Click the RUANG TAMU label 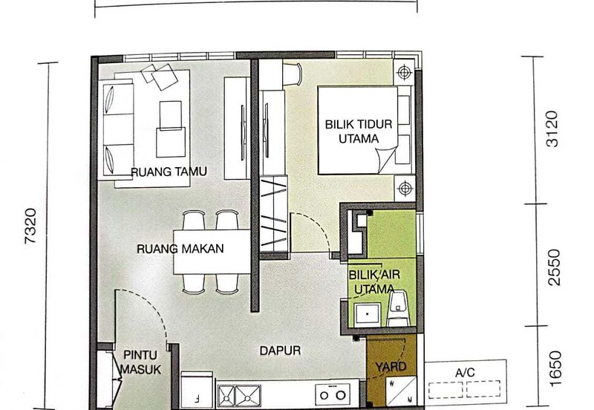pyautogui.click(x=169, y=172)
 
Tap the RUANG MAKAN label pyautogui.click(x=180, y=249)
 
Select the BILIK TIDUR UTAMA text pyautogui.click(x=359, y=131)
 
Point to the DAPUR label pyautogui.click(x=281, y=351)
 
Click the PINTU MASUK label pyautogui.click(x=140, y=362)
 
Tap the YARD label pyautogui.click(x=391, y=366)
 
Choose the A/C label pyautogui.click(x=465, y=372)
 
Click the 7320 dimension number pyautogui.click(x=30, y=226)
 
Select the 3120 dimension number pyautogui.click(x=552, y=128)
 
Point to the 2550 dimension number pyautogui.click(x=553, y=267)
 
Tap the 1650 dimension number pyautogui.click(x=555, y=368)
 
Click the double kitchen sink pyautogui.click(x=239, y=396)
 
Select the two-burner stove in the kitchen pyautogui.click(x=332, y=394)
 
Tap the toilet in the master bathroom pyautogui.click(x=398, y=308)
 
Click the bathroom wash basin pyautogui.click(x=368, y=313)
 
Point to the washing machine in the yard pyautogui.click(x=401, y=391)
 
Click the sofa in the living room pyautogui.click(x=118, y=128)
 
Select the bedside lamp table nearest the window pyautogui.click(x=404, y=71)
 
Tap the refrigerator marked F pyautogui.click(x=197, y=390)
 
